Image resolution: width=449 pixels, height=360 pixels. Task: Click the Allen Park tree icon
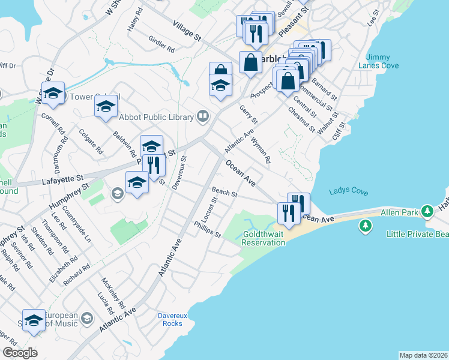[x=427, y=211]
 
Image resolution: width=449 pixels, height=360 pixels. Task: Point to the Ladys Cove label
[x=349, y=191]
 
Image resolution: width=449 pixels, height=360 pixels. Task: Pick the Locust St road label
[x=210, y=207]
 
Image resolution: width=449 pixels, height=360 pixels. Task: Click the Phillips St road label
[x=208, y=229]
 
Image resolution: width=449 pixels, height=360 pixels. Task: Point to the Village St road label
[x=186, y=29]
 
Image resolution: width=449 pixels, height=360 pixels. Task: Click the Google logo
[x=20, y=352]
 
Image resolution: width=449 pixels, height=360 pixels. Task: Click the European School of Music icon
[x=87, y=317]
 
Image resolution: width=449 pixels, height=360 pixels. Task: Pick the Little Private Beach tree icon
[x=364, y=226]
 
